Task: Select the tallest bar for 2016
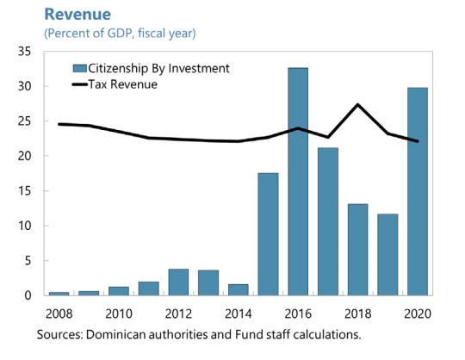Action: point(298,182)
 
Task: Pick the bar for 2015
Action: point(268,234)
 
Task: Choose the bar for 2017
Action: point(327,221)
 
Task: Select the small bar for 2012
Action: point(178,282)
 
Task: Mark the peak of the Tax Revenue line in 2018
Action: point(357,104)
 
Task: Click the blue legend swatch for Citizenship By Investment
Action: point(81,68)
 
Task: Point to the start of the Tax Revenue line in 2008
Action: point(59,124)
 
